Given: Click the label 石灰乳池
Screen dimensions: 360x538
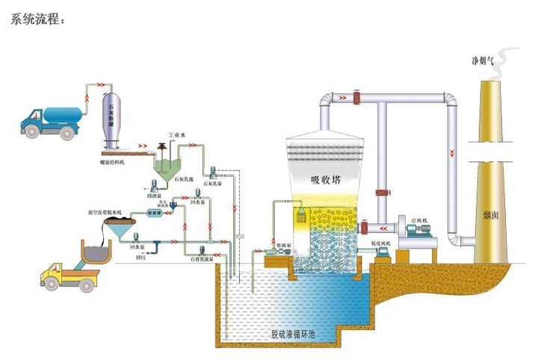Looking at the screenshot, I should [x=185, y=181].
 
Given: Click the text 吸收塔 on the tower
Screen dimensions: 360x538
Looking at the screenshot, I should [x=325, y=179].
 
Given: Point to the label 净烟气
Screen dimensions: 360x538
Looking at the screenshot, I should [x=481, y=59].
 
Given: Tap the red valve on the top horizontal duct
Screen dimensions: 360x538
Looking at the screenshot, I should [x=358, y=97].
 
